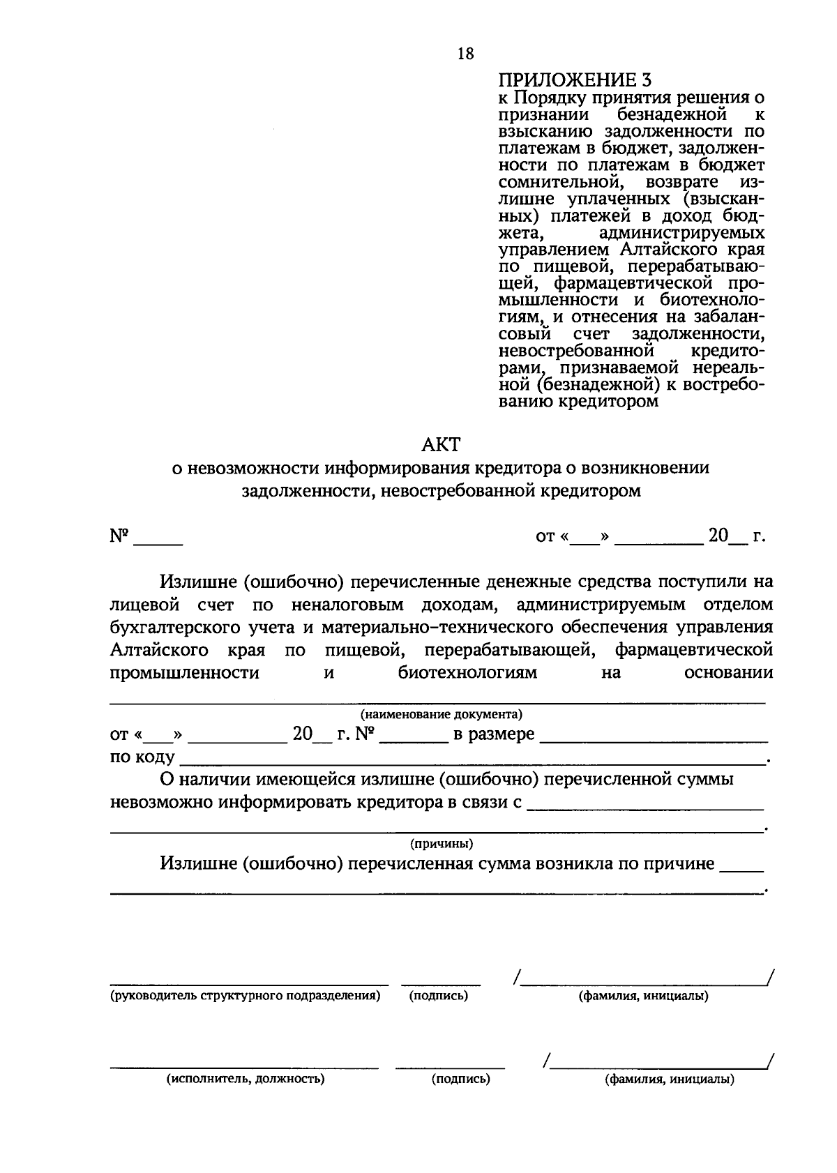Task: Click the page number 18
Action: (465, 54)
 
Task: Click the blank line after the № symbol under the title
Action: (158, 540)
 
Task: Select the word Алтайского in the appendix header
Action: (666, 250)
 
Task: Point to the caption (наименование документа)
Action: (441, 714)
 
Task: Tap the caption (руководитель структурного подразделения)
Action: (245, 996)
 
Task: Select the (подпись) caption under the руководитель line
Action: (439, 996)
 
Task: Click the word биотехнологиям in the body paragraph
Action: (468, 673)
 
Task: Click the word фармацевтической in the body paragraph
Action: (693, 650)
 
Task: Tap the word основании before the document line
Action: (729, 673)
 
